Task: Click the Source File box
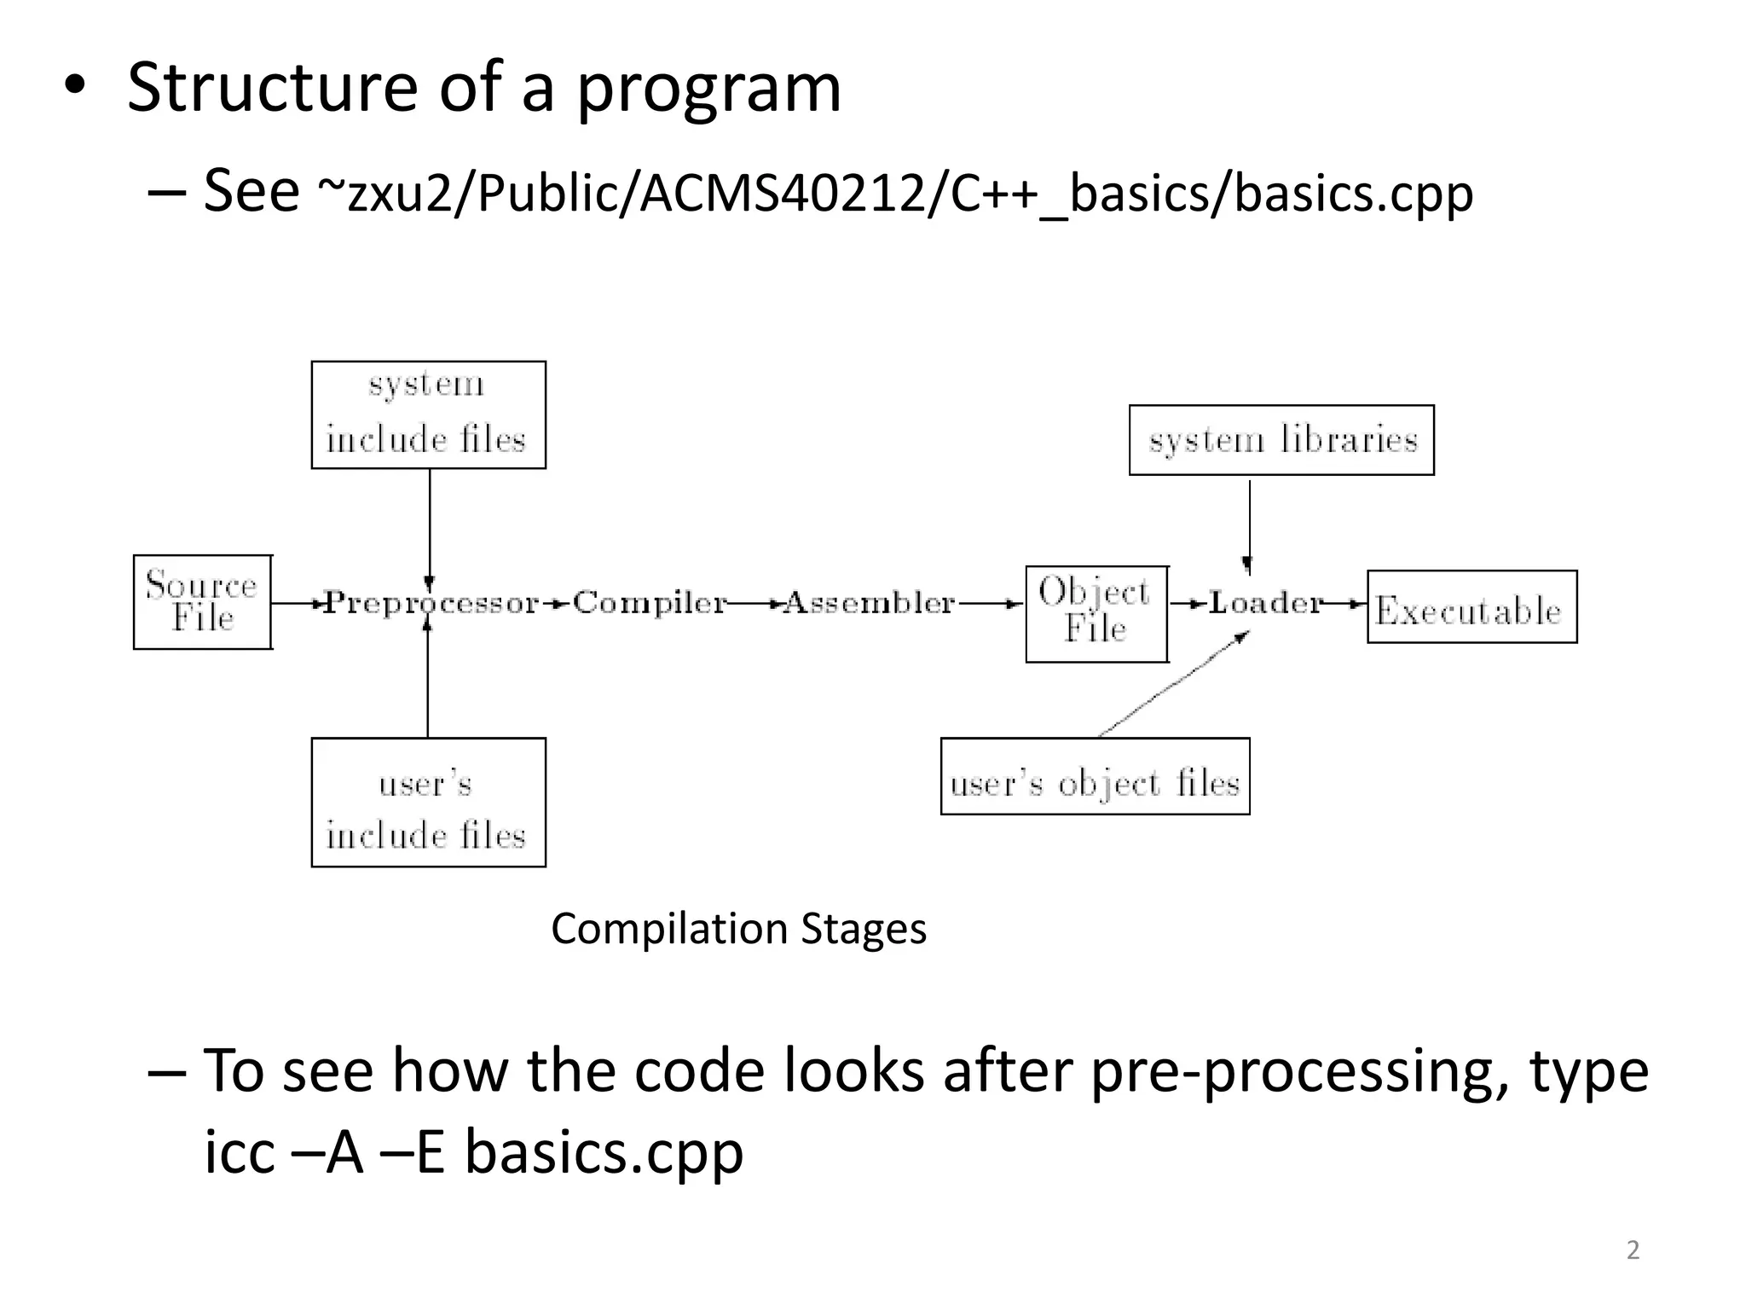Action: (202, 602)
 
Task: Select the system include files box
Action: (428, 414)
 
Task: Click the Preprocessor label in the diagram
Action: (431, 603)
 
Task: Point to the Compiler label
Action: (650, 603)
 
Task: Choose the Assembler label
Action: (869, 603)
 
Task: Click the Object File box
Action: (1096, 613)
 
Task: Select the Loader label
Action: (1265, 603)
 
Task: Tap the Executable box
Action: (1471, 607)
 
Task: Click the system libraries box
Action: (1281, 440)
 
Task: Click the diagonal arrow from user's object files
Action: (1173, 684)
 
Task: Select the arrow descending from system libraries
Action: (1250, 525)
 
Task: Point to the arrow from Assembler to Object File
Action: (989, 604)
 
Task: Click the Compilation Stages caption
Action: (738, 929)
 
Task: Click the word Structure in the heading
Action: (273, 87)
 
